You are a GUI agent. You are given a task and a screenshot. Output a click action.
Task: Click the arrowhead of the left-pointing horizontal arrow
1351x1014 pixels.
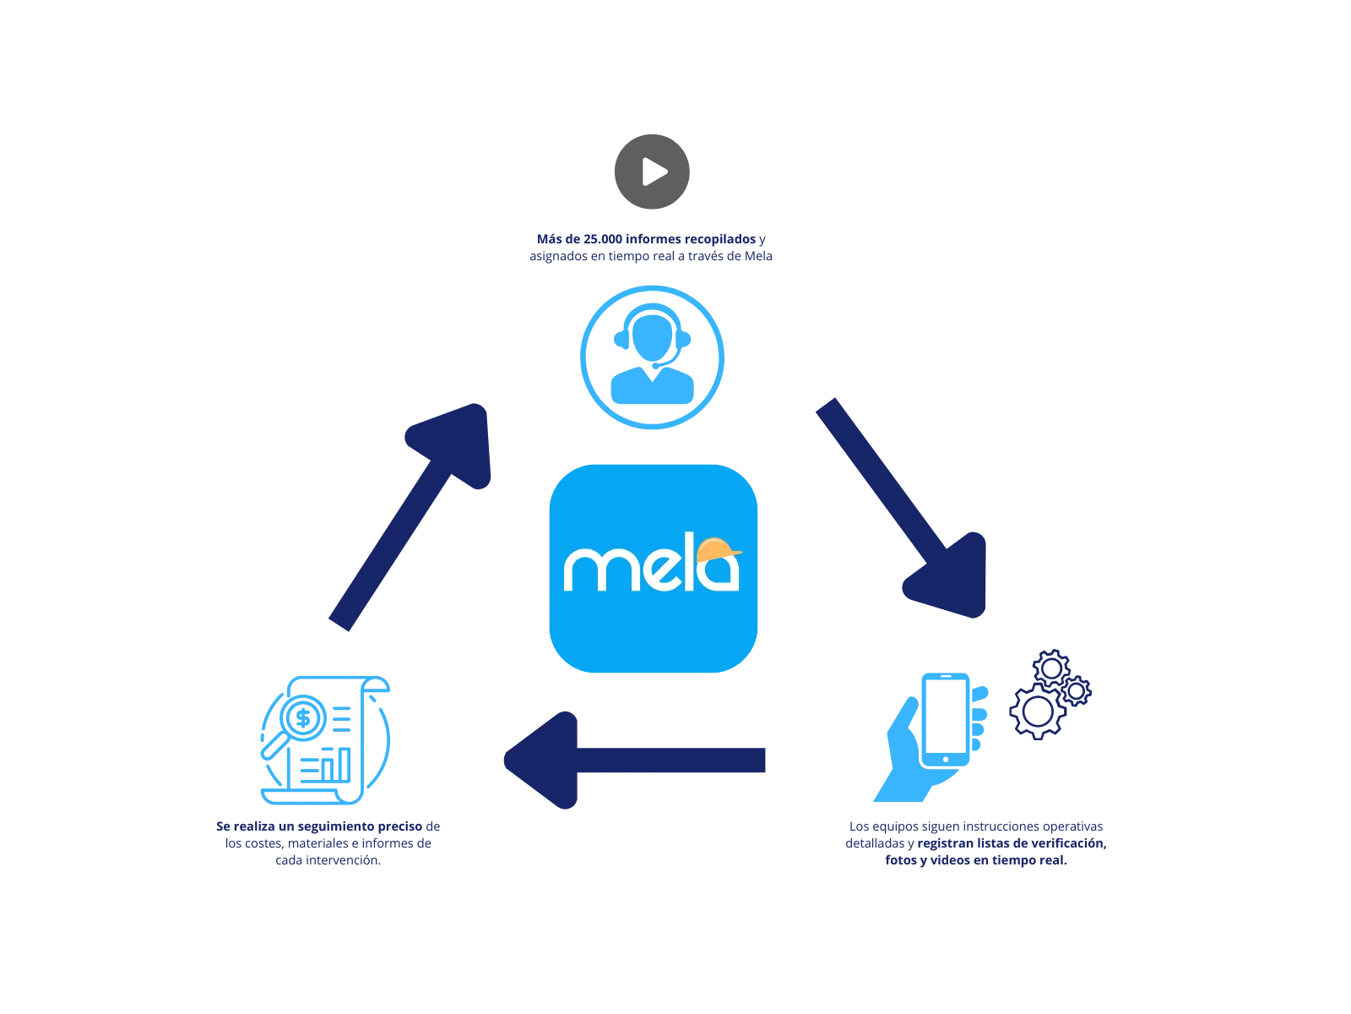coord(540,760)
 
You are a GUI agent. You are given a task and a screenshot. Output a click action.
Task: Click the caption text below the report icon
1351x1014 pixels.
coord(329,842)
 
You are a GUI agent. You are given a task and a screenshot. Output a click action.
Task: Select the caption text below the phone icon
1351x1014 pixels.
coord(975,842)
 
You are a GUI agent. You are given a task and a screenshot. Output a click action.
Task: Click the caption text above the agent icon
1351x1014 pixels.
coord(653,247)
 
